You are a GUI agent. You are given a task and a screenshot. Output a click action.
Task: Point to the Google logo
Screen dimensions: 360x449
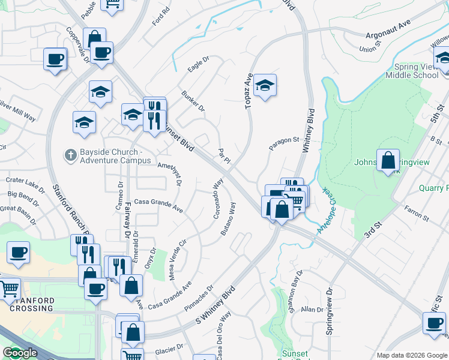[20, 353]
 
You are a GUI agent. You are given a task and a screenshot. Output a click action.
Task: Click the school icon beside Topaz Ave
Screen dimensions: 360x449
[265, 85]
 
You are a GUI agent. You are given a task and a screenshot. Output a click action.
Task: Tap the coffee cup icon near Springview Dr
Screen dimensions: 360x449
[434, 323]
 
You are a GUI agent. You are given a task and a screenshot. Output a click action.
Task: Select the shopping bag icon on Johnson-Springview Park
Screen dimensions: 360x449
[388, 160]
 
